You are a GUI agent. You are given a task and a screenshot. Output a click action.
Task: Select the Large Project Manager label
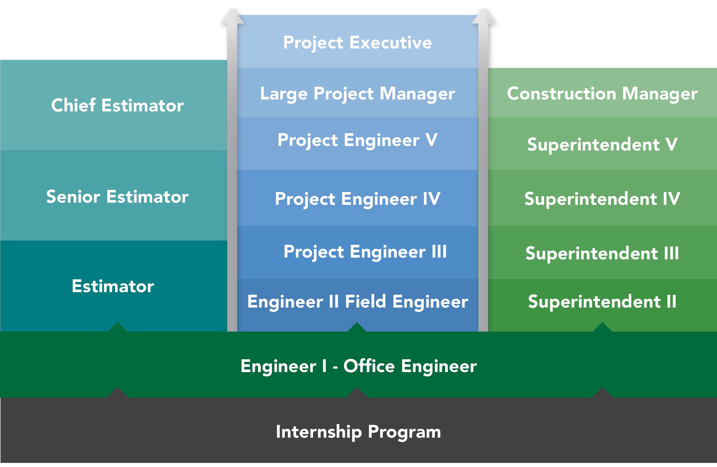(x=357, y=94)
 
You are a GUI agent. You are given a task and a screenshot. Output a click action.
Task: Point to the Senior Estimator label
(x=117, y=197)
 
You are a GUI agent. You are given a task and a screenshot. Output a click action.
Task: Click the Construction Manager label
(x=602, y=94)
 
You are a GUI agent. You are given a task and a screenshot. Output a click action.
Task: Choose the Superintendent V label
(x=602, y=144)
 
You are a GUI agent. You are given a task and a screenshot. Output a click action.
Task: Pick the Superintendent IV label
(x=602, y=199)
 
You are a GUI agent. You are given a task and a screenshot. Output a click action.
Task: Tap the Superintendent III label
(x=602, y=253)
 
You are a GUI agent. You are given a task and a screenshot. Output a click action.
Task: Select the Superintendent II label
(x=602, y=302)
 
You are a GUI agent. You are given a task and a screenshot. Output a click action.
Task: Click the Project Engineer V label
(x=357, y=140)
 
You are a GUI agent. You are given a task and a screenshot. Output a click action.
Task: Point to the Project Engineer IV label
(x=357, y=199)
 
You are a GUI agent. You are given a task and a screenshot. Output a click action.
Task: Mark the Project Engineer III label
(x=365, y=252)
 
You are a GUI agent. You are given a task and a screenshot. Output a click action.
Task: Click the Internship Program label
(x=358, y=432)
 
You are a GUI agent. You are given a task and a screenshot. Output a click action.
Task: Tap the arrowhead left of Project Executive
(x=232, y=17)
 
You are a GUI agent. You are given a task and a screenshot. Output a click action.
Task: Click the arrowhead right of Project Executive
(x=483, y=17)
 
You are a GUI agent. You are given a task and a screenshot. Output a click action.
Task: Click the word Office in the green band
(x=369, y=366)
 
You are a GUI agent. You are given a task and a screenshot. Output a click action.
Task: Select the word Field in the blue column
(x=365, y=302)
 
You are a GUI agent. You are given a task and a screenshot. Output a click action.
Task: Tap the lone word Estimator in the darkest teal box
(x=113, y=286)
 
